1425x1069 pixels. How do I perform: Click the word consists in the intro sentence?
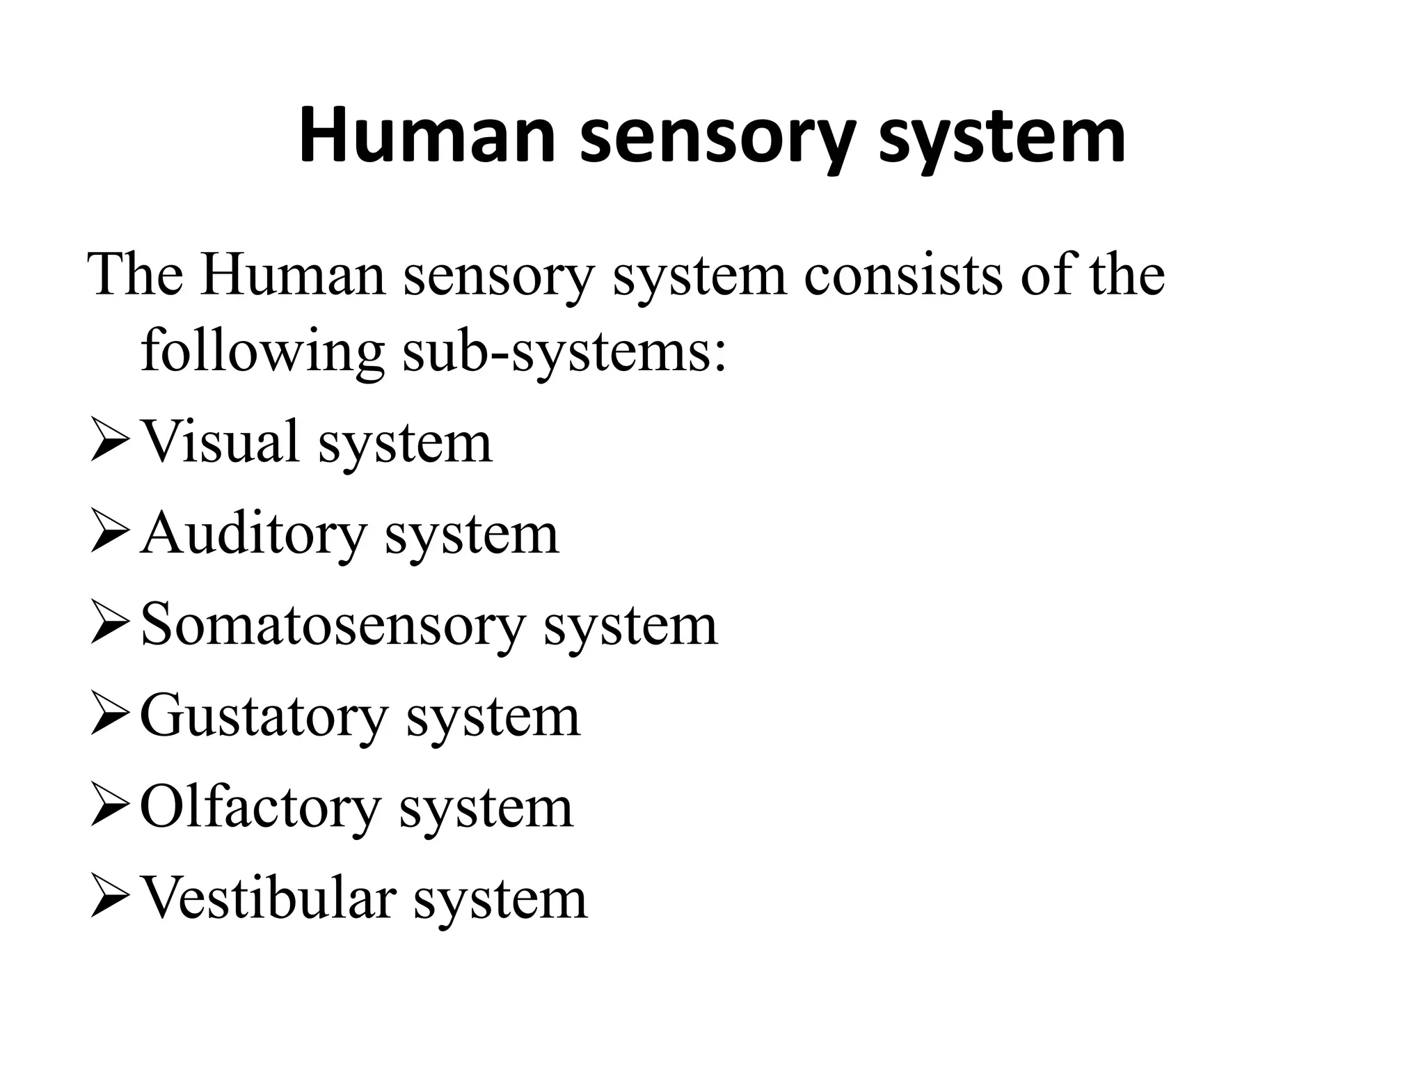(x=902, y=275)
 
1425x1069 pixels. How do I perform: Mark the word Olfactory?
(x=259, y=809)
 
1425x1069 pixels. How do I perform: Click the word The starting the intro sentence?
(x=135, y=275)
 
